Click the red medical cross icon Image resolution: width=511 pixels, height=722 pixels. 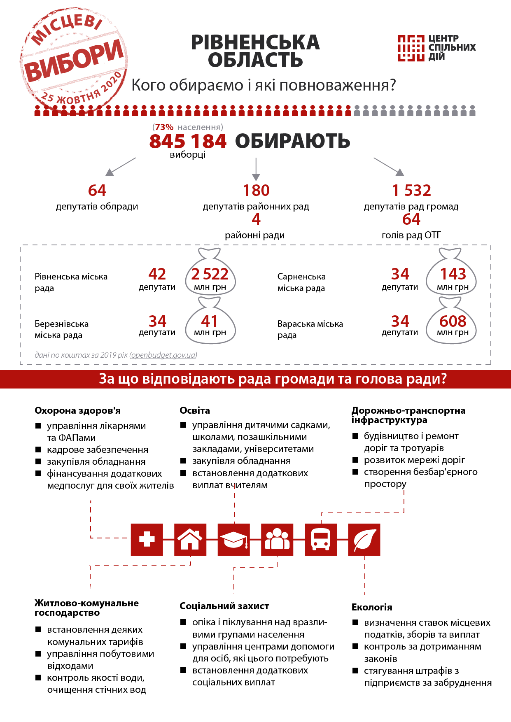pos(147,539)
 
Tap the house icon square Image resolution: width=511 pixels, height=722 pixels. pos(190,539)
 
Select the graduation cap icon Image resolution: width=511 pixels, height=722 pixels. pos(233,539)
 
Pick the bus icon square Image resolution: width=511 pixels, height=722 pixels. pos(320,539)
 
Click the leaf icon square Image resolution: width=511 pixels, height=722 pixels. pos(364,539)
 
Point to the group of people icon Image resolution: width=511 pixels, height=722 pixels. pos(277,539)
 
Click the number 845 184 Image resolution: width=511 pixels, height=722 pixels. pos(188,141)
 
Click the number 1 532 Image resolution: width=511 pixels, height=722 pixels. pos(411,190)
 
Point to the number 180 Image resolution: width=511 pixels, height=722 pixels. pos(256,190)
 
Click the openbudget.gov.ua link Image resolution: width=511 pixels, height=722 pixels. pos(163,355)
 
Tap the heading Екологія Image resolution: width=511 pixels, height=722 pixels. pos(371,607)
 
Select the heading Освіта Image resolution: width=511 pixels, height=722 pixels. pos(195,410)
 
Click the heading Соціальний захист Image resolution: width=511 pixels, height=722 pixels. pos(224,606)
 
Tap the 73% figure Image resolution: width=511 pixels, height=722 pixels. pos(164,127)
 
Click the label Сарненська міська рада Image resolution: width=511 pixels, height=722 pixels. pos(301,282)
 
